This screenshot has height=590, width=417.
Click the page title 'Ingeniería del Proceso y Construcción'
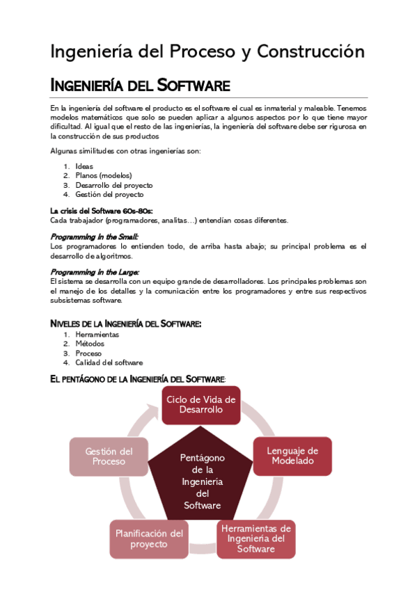[x=207, y=51]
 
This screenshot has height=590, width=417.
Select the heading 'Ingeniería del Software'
[x=140, y=86]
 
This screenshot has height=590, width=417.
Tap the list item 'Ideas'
[x=85, y=166]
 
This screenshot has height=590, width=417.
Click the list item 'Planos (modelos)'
[x=104, y=176]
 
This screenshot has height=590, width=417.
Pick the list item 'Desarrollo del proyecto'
[x=114, y=186]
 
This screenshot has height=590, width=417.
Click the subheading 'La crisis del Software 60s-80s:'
[x=101, y=211]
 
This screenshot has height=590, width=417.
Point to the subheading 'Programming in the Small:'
[x=94, y=237]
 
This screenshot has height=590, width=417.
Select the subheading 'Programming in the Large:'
[x=95, y=271]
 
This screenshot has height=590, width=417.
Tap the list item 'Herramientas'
[x=97, y=335]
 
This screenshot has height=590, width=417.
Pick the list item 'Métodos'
[x=90, y=344]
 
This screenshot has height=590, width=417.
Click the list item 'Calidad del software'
[x=109, y=362]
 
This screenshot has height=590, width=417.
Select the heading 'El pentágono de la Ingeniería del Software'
[x=137, y=378]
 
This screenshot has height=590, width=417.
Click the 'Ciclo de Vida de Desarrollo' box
[x=200, y=405]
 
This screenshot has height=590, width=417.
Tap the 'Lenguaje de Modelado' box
[x=292, y=456]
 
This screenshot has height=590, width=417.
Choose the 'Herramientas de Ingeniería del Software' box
[x=255, y=539]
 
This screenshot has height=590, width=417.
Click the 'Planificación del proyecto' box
[x=148, y=539]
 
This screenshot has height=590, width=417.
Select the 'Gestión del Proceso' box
[x=109, y=456]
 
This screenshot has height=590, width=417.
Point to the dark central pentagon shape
[x=202, y=480]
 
